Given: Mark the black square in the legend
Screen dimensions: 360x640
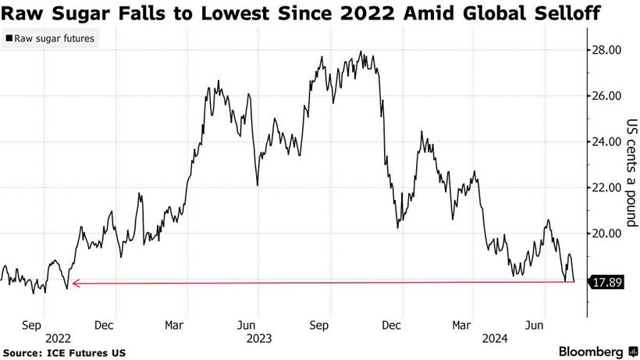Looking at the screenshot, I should (x=9, y=37).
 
